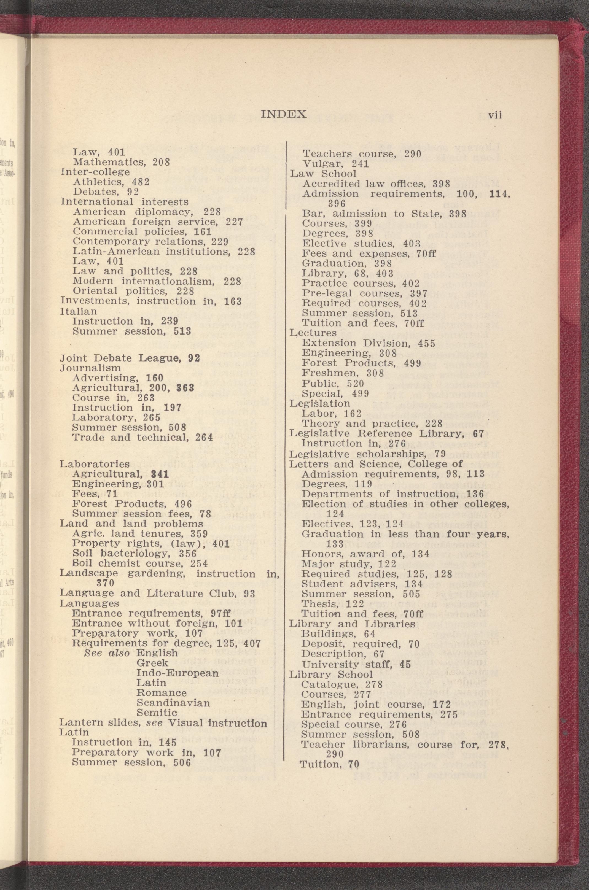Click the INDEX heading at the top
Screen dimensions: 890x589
(284, 114)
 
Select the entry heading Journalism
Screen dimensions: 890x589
(90, 368)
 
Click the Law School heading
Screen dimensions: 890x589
(323, 174)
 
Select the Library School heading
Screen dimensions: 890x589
(330, 674)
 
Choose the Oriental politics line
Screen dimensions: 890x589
(133, 291)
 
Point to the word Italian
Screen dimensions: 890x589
(79, 311)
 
